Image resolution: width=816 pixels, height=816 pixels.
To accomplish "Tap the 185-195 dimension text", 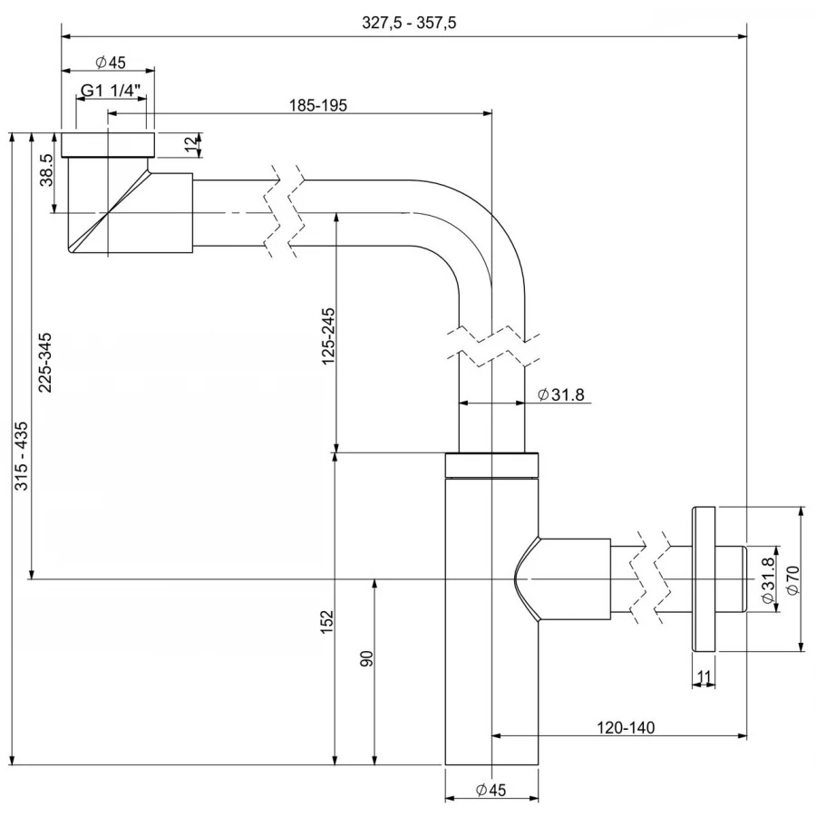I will [x=318, y=105].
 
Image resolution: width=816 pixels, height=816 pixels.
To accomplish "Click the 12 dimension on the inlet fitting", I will [x=189, y=144].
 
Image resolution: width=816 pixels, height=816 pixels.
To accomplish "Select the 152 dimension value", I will [x=327, y=622].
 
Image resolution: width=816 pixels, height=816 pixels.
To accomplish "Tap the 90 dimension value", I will [x=366, y=658].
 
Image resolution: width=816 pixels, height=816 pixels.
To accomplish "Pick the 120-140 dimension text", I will [x=626, y=726].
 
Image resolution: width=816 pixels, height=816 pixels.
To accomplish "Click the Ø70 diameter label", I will [x=792, y=579].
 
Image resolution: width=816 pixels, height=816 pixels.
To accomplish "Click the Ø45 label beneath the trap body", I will [x=490, y=791].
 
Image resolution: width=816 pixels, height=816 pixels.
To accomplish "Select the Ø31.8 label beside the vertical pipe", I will [x=560, y=394].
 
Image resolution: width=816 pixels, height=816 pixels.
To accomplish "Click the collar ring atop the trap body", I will [x=492, y=463].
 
